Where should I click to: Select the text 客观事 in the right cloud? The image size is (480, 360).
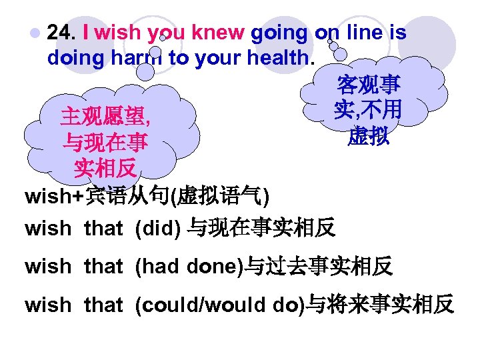[368, 85]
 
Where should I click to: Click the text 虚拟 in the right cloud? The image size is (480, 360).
[368, 137]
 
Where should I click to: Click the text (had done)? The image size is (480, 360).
[189, 267]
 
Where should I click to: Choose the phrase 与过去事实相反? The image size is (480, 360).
[319, 267]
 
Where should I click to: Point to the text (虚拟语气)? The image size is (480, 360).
[219, 197]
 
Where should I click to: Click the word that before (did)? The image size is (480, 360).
[103, 229]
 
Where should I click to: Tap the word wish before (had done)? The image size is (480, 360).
[47, 267]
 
